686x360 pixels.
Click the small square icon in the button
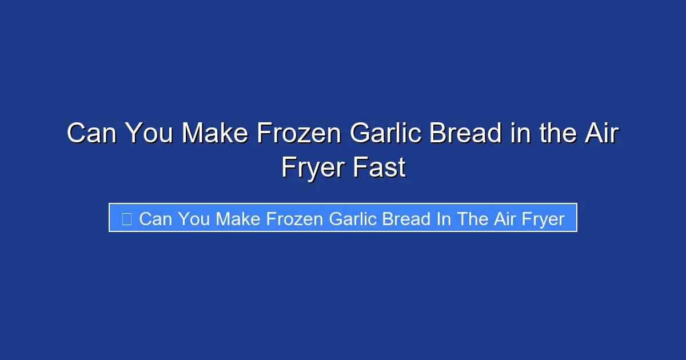pyautogui.click(x=127, y=218)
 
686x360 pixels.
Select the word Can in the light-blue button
pyautogui.click(x=155, y=218)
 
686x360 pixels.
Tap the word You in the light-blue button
pyautogui.click(x=193, y=218)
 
